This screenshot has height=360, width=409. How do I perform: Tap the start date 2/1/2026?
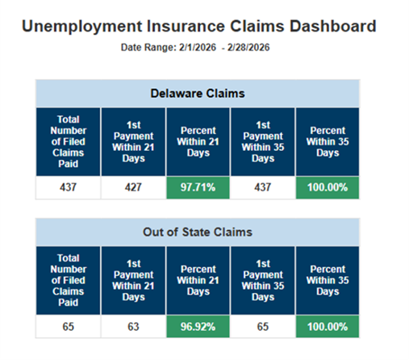click(191, 48)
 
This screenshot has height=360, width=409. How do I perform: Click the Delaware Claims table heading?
click(198, 94)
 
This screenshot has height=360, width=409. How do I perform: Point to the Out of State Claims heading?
click(198, 232)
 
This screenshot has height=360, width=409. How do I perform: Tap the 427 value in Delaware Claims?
click(132, 188)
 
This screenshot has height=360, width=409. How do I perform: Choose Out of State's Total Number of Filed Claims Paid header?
click(68, 279)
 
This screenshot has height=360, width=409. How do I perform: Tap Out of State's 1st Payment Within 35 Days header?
click(262, 279)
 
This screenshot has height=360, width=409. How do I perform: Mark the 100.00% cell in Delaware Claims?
click(327, 188)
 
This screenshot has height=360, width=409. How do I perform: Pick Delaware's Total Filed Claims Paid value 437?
click(68, 188)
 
